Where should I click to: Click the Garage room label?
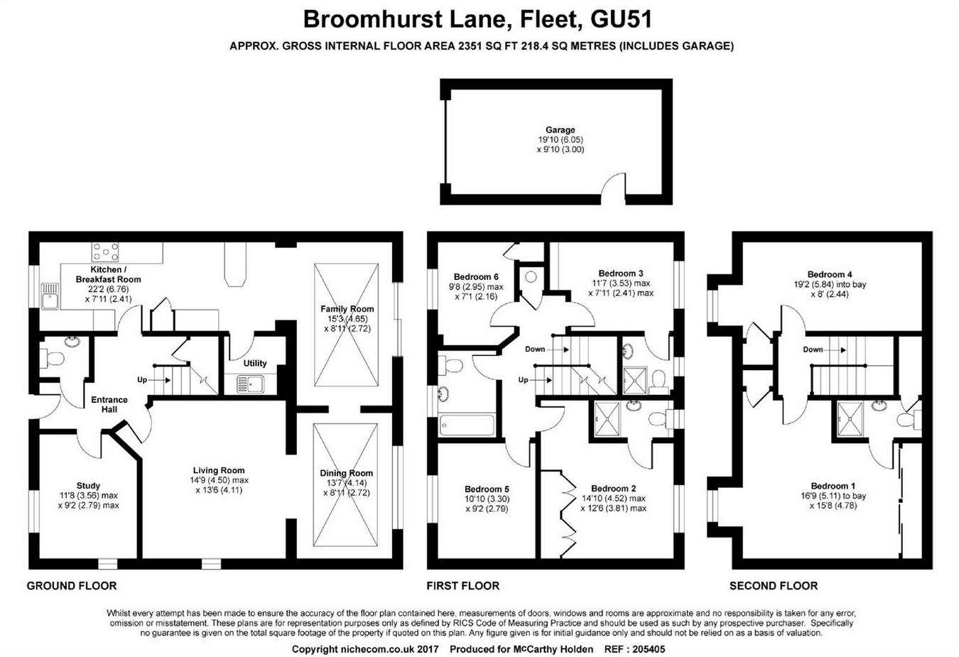point(560,130)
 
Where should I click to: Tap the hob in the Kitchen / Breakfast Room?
point(104,252)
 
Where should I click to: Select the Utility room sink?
point(249,384)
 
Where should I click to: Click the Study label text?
point(88,486)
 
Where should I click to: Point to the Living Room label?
point(218,470)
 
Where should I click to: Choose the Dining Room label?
point(347,473)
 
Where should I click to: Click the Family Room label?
point(347,309)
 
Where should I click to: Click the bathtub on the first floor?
point(467,425)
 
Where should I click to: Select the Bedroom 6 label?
point(476,277)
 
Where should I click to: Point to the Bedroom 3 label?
point(620,273)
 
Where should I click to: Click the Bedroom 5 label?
point(487,489)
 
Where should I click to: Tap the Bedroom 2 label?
point(613,489)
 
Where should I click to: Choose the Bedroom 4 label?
point(830,274)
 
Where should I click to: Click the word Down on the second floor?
point(813,349)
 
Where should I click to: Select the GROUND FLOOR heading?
point(71,586)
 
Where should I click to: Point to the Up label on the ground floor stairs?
point(142,380)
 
